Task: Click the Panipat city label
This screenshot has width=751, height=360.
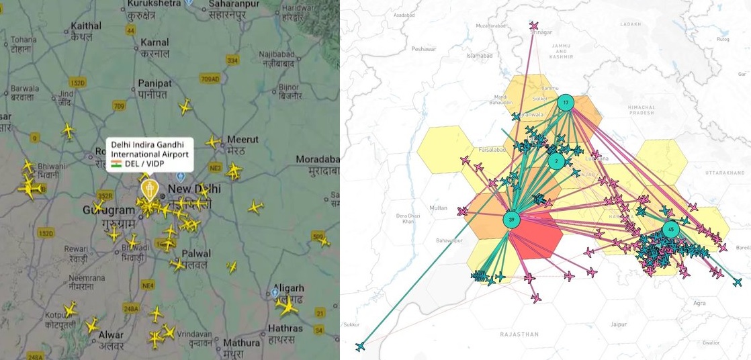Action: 155,83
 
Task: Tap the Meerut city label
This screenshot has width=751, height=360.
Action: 242,140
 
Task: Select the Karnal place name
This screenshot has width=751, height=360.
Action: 154,43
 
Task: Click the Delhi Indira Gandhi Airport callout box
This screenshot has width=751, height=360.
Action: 149,155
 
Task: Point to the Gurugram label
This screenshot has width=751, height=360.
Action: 109,210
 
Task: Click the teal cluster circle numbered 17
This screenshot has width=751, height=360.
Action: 566,103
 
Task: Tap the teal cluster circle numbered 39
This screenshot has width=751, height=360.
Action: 512,220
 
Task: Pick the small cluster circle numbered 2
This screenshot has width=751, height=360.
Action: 556,161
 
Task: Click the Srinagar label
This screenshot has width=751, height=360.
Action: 541,32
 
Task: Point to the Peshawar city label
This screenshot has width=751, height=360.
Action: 424,49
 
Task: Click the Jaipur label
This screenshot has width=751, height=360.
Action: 619,324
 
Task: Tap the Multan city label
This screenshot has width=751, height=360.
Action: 438,208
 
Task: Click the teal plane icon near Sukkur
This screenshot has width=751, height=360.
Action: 361,346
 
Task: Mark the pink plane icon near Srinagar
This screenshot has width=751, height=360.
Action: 534,26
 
